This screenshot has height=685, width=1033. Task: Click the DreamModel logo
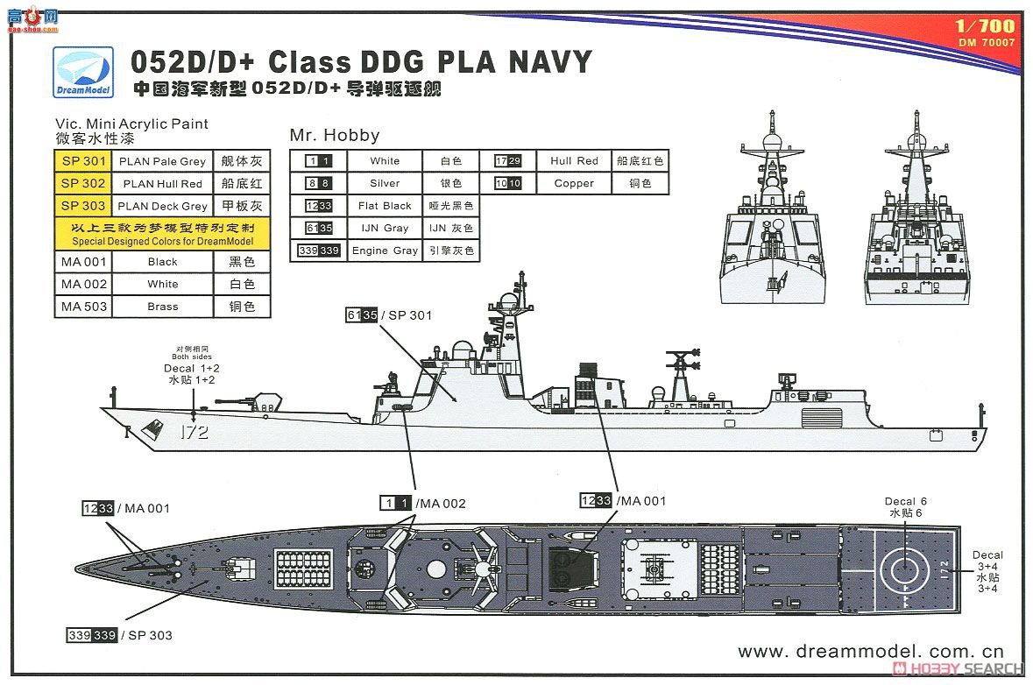coord(83,73)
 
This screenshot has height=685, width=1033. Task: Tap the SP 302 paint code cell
coord(83,183)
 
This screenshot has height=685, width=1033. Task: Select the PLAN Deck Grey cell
coord(163,206)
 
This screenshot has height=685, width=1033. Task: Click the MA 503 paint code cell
coord(83,307)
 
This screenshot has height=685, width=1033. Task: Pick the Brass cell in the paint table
coord(163,307)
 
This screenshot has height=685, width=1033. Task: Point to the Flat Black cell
coord(385,206)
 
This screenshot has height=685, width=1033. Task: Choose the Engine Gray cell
coord(385,251)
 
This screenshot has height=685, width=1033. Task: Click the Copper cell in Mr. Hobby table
coord(574,183)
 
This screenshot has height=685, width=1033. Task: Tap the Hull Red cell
coord(574,160)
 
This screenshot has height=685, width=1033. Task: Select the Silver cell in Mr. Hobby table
coord(385,183)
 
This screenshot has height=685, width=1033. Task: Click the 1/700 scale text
coord(985,25)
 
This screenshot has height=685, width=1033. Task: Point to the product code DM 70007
coord(987,42)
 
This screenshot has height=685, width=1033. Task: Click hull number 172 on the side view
coord(195,432)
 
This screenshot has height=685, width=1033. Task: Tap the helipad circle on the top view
coord(905,568)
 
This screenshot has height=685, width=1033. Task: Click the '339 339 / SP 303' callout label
coord(119,635)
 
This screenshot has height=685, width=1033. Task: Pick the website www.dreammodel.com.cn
coord(870,652)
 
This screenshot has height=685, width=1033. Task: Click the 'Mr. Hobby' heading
coord(335,135)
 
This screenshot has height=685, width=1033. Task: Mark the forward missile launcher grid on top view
coord(304,568)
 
